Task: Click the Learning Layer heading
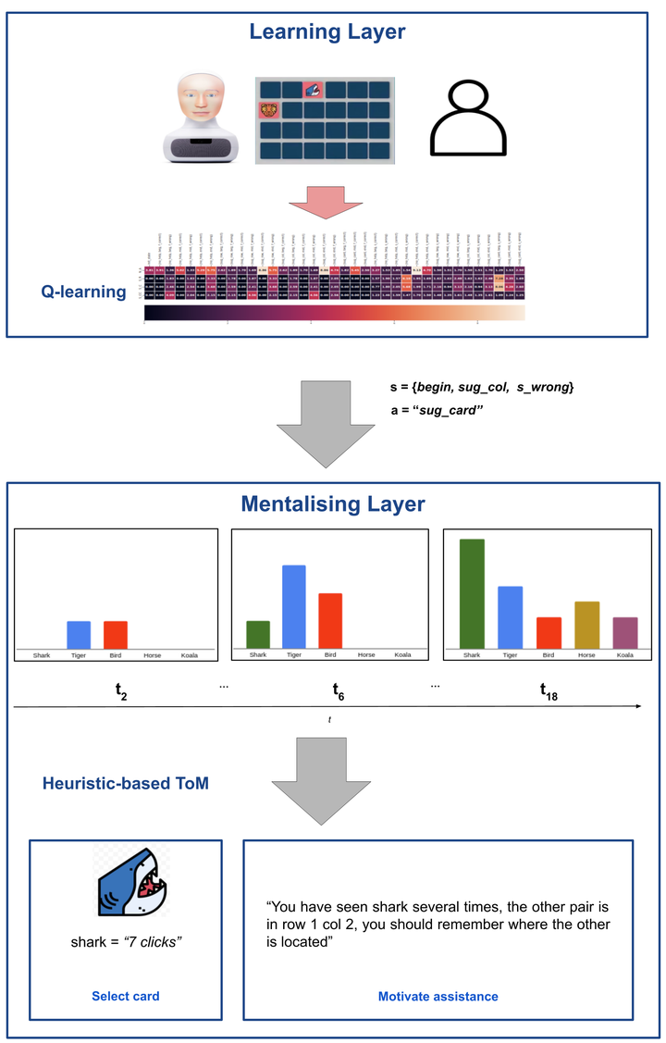tap(327, 32)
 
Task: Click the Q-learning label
tap(83, 292)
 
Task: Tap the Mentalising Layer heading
tap(332, 504)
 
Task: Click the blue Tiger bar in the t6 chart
tap(294, 606)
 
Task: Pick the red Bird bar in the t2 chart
tap(116, 634)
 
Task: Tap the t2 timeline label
tap(121, 690)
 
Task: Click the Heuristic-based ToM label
tap(126, 784)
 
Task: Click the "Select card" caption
tap(125, 996)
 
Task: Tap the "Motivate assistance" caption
tap(438, 996)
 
